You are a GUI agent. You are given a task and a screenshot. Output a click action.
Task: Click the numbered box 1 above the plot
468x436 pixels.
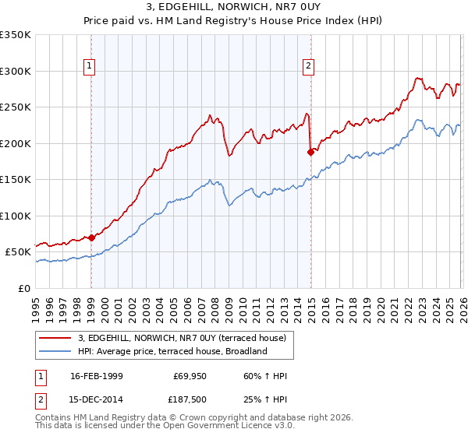click(x=90, y=66)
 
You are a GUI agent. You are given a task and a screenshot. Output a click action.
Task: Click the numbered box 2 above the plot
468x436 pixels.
click(x=309, y=66)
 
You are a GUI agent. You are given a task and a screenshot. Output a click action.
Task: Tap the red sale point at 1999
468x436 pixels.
click(x=91, y=237)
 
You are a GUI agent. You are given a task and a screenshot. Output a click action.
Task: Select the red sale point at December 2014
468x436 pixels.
click(x=310, y=153)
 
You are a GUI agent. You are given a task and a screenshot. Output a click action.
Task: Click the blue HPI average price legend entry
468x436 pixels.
click(x=172, y=351)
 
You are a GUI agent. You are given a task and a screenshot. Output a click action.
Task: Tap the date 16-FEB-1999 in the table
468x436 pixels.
click(x=96, y=375)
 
